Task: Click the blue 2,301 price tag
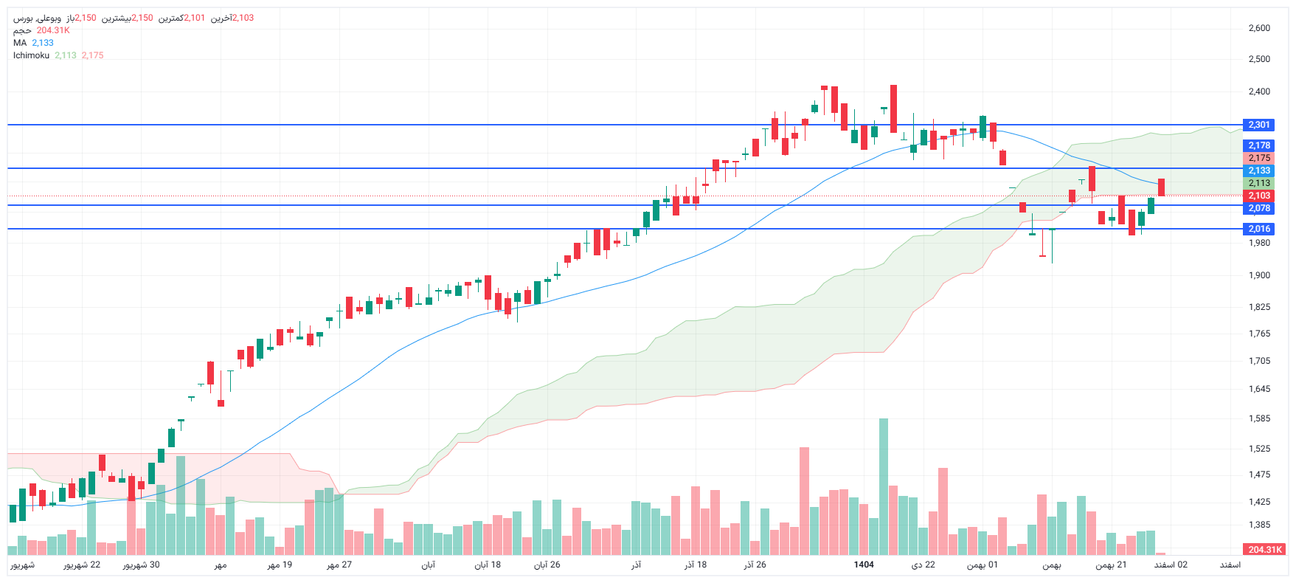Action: (1258, 125)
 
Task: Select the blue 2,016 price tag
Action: (1258, 229)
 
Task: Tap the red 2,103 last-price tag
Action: (1258, 196)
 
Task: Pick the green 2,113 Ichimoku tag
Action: (1258, 183)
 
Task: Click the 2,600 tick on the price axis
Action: (1258, 28)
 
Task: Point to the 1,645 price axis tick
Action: (1258, 389)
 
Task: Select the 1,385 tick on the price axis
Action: (1258, 525)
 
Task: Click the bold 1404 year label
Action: (864, 565)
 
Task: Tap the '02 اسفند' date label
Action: (1171, 565)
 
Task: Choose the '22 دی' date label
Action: (923, 565)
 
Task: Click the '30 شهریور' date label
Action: (141, 565)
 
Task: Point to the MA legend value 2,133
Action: (43, 43)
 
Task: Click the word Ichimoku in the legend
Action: (31, 55)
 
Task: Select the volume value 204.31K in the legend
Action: (53, 30)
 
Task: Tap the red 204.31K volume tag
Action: (1265, 549)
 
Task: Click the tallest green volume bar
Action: (884, 487)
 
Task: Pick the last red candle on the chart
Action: (1161, 187)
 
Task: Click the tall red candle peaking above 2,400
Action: (893, 108)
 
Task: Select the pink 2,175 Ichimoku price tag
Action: (1258, 158)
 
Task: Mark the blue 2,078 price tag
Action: (1258, 208)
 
